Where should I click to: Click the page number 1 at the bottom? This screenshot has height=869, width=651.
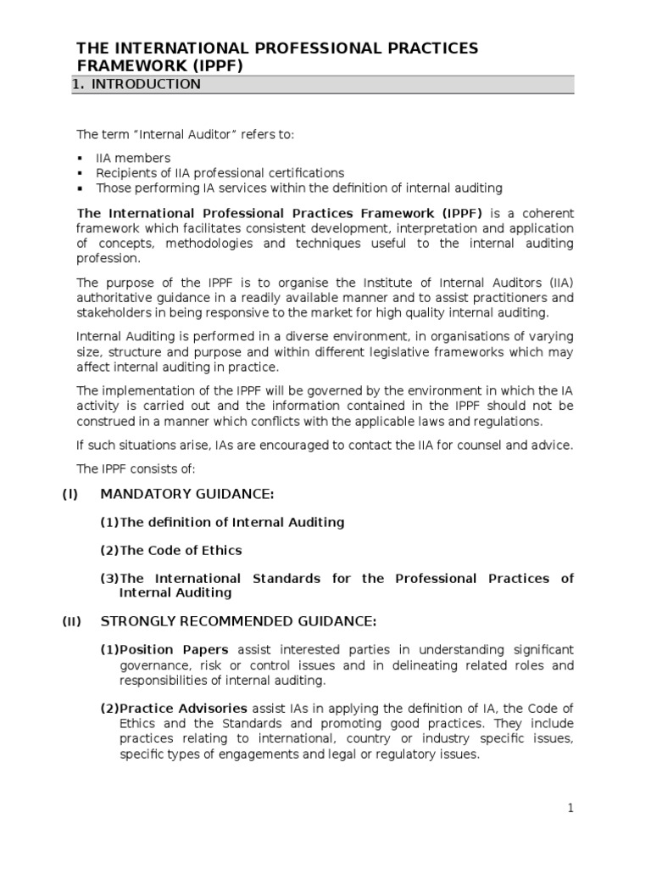pos(571,809)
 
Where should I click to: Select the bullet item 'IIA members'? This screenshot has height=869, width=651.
pos(133,158)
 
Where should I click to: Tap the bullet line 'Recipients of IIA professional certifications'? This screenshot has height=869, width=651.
pos(220,173)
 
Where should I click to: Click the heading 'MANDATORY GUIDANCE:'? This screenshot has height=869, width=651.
pos(187,495)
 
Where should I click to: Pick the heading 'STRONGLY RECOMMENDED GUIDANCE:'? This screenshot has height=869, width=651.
pos(238,622)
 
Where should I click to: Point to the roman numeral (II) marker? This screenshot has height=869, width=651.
pos(71,622)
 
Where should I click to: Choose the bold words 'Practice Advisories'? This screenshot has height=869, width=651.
pos(183,708)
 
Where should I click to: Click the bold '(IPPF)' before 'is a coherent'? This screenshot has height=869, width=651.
pos(461,213)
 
